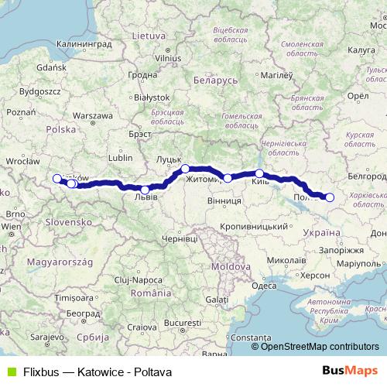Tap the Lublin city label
tap(121, 157)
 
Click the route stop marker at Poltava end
tap(329, 197)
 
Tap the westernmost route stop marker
tap(57, 179)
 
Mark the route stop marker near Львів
tap(146, 190)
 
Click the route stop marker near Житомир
tap(228, 178)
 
